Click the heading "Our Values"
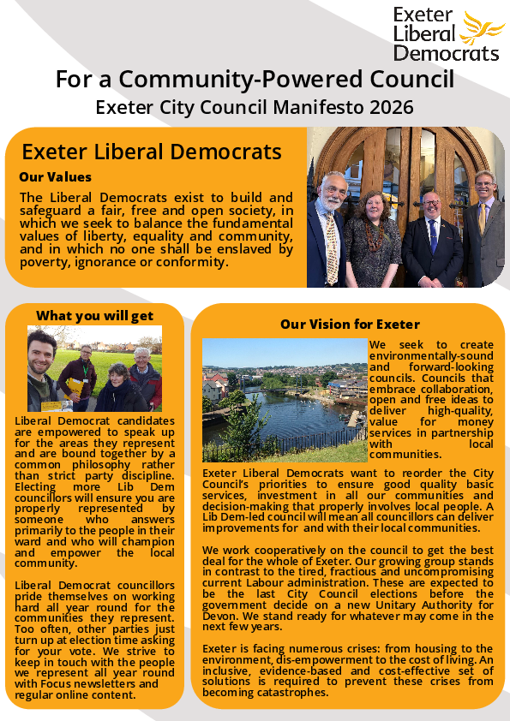(55, 177)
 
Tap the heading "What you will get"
(95, 315)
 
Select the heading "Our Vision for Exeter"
(350, 324)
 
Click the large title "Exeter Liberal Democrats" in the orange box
(152, 152)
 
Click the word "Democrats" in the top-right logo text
(446, 52)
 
